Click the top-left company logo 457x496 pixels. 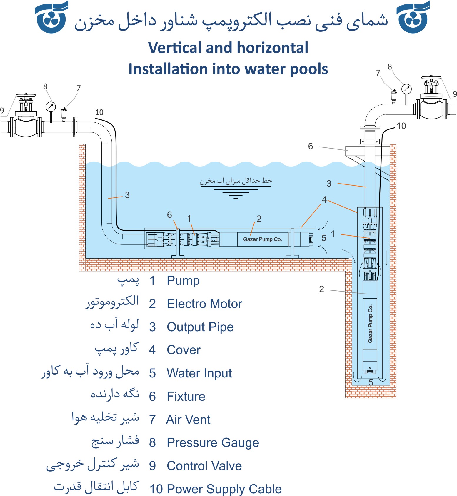click(52, 18)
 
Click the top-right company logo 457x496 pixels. click(413, 18)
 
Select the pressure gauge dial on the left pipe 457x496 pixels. click(51, 107)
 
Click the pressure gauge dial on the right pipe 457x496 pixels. click(406, 89)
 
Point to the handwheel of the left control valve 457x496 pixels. click(26, 96)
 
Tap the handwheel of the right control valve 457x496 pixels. click(431, 78)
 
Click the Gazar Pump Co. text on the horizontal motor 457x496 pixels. click(263, 239)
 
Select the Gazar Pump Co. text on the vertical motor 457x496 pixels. click(370, 323)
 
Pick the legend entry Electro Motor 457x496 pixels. click(204, 304)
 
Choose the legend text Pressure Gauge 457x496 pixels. click(213, 443)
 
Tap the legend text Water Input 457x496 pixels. click(199, 373)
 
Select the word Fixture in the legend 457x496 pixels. click(186, 397)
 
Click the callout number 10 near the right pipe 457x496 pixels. click(401, 126)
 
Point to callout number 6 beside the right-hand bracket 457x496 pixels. click(311, 146)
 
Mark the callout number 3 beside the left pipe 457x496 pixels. click(127, 195)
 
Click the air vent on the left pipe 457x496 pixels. click(64, 114)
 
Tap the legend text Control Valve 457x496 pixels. click(204, 466)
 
